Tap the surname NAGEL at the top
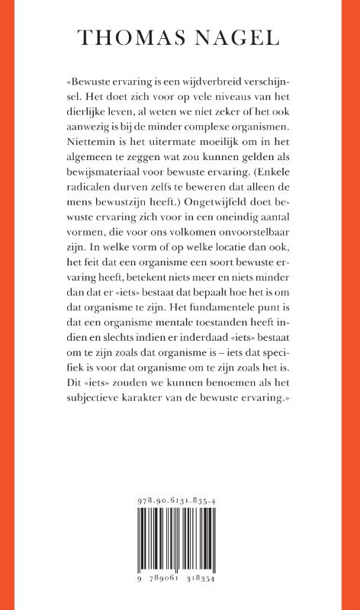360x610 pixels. click(x=238, y=39)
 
